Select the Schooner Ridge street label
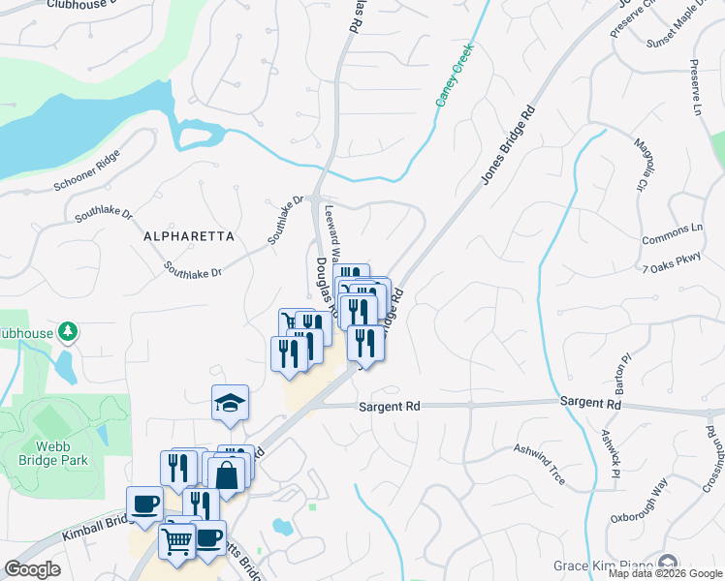coord(86,170)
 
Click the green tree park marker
coord(67,332)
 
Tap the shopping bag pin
coord(227,475)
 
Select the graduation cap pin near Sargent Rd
coord(230,403)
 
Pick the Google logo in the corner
coord(32,569)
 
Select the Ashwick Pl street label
coord(609,452)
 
